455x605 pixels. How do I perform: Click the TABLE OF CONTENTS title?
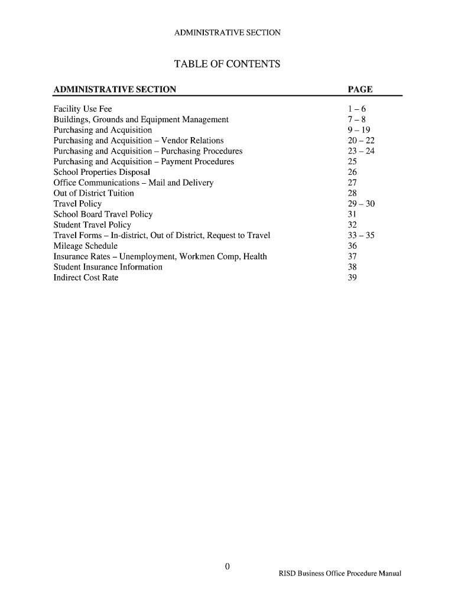[227, 64]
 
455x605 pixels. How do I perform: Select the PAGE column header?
[360, 90]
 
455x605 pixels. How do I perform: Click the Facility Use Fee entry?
[82, 109]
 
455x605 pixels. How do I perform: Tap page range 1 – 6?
[357, 109]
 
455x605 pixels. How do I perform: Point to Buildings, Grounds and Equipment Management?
[141, 120]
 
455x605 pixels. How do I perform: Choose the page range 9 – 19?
[359, 130]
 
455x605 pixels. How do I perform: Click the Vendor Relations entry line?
[138, 141]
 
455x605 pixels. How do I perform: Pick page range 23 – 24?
[362, 151]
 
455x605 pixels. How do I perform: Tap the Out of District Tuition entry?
[93, 193]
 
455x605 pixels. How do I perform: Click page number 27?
[353, 183]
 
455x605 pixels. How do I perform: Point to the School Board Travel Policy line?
[103, 214]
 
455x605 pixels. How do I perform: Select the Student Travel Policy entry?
[92, 225]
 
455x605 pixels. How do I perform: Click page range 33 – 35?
[362, 235]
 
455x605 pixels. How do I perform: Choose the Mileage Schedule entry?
[85, 246]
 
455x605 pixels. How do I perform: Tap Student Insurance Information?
[108, 267]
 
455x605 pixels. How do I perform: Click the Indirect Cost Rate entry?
[86, 278]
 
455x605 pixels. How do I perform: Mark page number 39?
[353, 278]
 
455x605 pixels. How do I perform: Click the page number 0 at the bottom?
[227, 567]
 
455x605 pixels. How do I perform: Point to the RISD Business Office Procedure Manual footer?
[340, 574]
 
